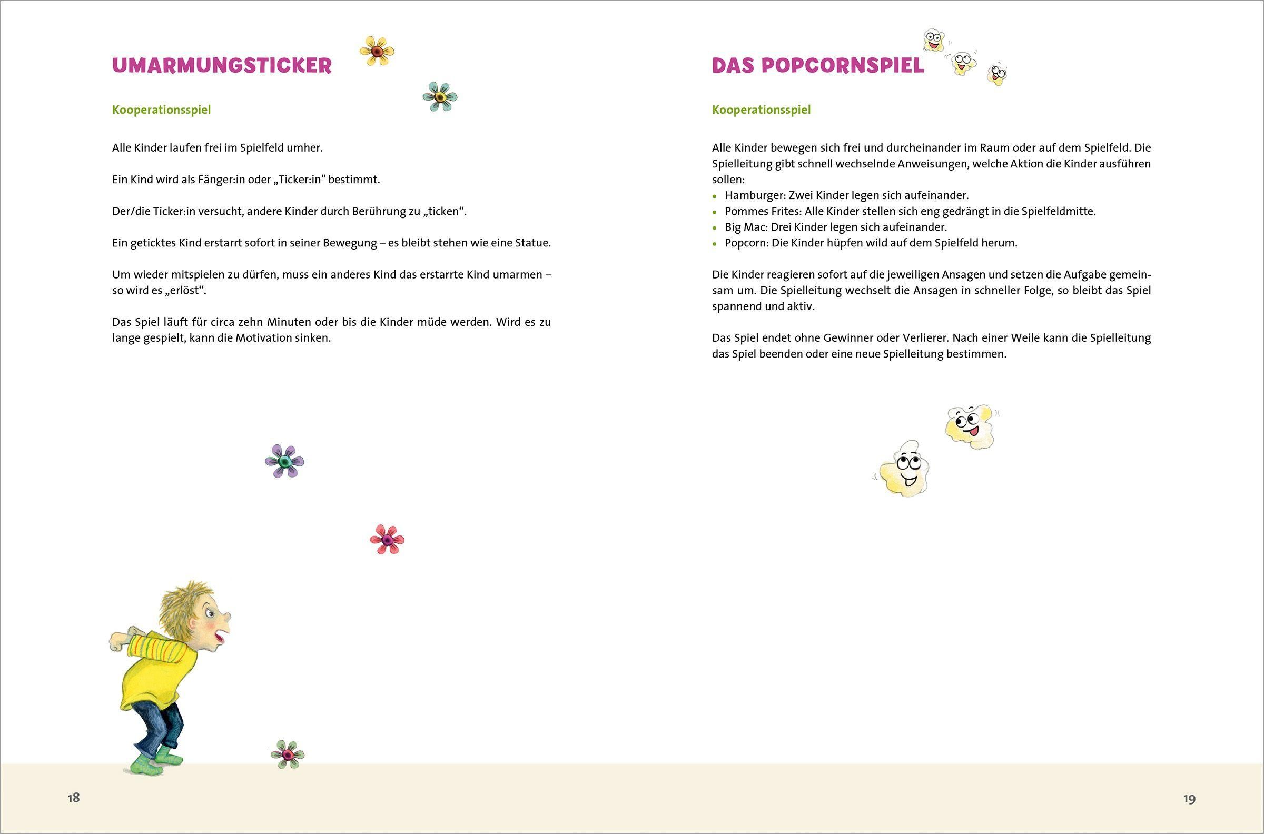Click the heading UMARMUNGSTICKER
(222, 65)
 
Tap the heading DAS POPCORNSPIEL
(818, 65)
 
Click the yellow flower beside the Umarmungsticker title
(377, 51)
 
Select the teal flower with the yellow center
(440, 96)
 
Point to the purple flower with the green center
(284, 461)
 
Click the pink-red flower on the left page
(387, 539)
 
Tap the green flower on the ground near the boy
(287, 754)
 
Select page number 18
(73, 798)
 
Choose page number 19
(1190, 799)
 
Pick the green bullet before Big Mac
(715, 227)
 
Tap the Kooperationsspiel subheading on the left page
(161, 110)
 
